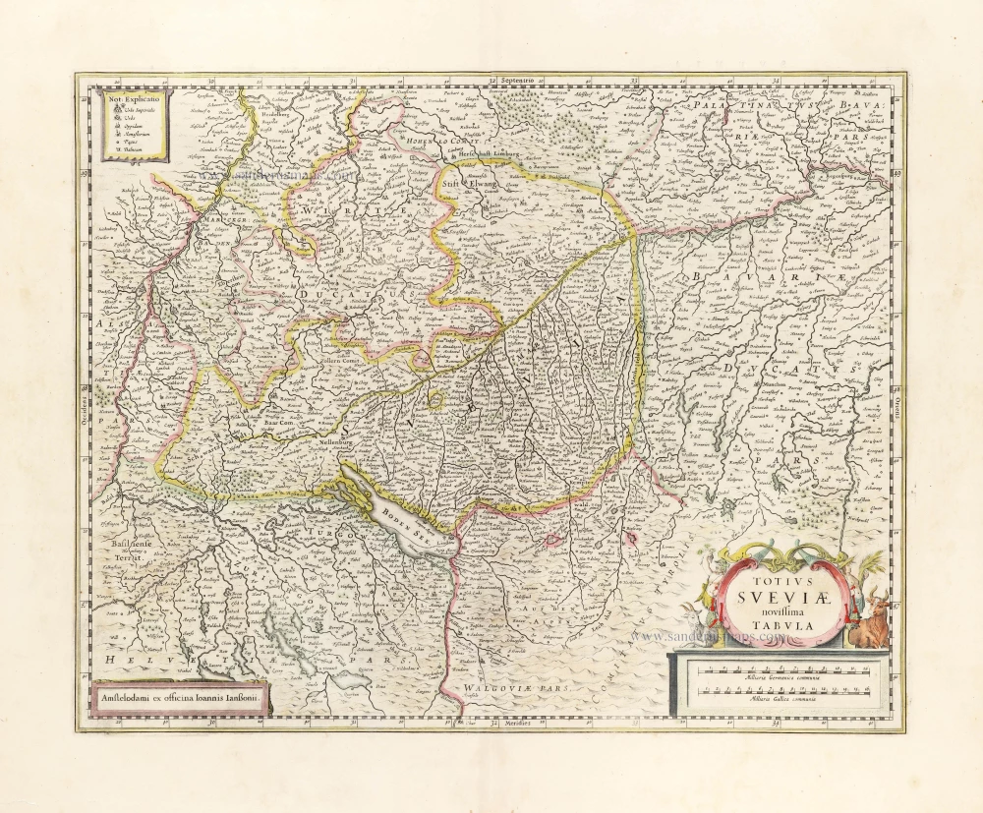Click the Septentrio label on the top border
pyautogui.click(x=517, y=79)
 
